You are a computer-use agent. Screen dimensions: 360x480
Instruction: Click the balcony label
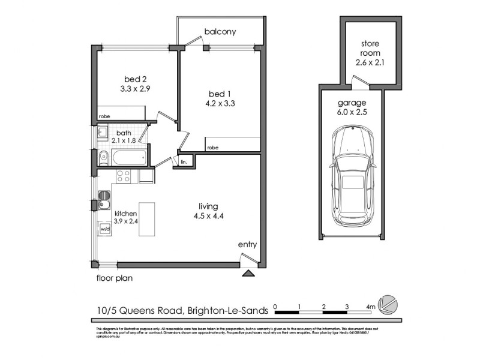(220, 31)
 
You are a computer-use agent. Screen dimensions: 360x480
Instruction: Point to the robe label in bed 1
(212, 147)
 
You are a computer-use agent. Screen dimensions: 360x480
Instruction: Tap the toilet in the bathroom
(103, 158)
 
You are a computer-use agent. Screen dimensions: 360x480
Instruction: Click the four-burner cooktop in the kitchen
(124, 176)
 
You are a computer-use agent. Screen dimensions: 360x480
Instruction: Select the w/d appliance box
(104, 229)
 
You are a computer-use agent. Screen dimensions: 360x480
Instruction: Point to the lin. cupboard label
(184, 161)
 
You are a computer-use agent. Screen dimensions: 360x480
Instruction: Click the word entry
(247, 244)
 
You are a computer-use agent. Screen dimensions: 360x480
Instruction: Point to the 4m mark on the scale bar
(371, 307)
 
